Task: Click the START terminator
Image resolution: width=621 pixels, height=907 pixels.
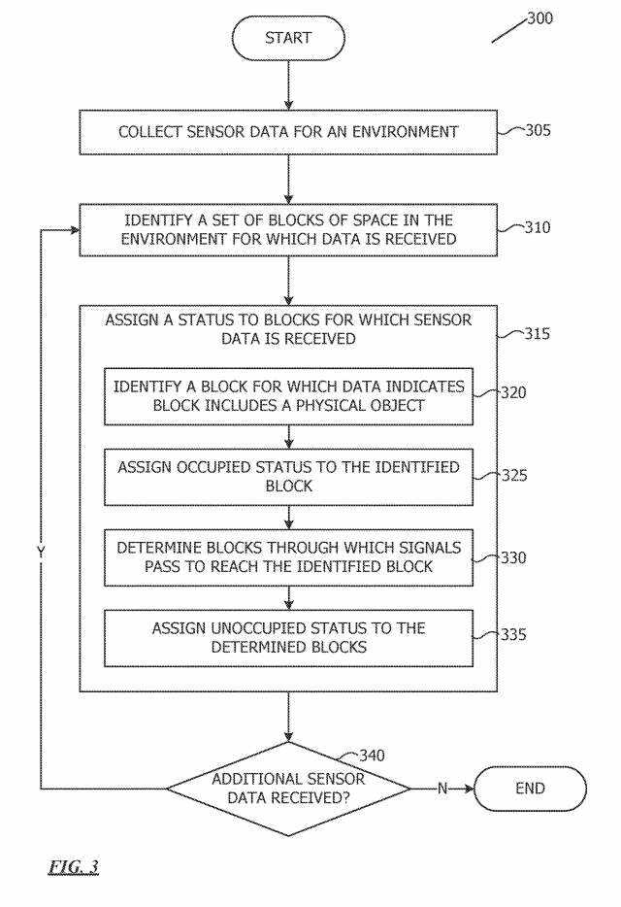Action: click(x=288, y=38)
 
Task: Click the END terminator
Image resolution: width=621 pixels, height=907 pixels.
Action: click(x=530, y=788)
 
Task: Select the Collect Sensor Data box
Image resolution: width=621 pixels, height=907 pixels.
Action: click(x=288, y=132)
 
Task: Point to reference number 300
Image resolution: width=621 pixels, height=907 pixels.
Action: click(x=539, y=17)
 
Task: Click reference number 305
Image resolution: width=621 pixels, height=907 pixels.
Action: click(x=533, y=129)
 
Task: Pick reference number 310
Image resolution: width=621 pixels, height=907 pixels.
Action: click(x=533, y=228)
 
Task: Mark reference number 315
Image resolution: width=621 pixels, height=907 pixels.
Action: click(x=533, y=335)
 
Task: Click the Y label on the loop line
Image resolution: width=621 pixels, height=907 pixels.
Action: click(x=41, y=551)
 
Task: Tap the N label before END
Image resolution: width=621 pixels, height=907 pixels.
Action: click(x=442, y=789)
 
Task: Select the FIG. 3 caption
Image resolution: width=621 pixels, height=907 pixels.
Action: click(x=73, y=865)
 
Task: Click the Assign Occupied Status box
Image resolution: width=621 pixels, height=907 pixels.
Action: click(x=288, y=477)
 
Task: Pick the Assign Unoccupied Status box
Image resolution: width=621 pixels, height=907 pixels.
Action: click(x=288, y=637)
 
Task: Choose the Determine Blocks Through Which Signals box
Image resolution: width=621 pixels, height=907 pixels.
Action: click(x=288, y=556)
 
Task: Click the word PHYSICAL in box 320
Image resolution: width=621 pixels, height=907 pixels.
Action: click(x=326, y=405)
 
